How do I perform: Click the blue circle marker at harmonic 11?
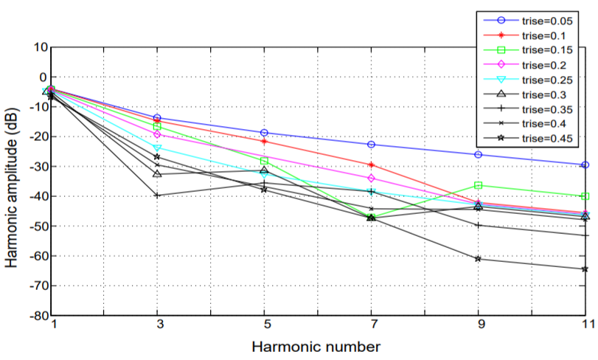(x=585, y=165)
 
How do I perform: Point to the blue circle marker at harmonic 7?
(x=371, y=145)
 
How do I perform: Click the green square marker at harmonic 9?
(x=479, y=185)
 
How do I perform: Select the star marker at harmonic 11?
(x=585, y=269)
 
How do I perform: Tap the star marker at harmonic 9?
(x=479, y=258)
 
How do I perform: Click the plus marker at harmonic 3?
(x=157, y=195)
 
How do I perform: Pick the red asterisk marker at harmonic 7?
(x=371, y=165)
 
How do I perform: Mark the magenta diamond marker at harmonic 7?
(x=371, y=179)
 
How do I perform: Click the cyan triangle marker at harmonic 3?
(x=157, y=148)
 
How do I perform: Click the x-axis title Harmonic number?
(x=317, y=345)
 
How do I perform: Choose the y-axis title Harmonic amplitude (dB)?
(x=13, y=181)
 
